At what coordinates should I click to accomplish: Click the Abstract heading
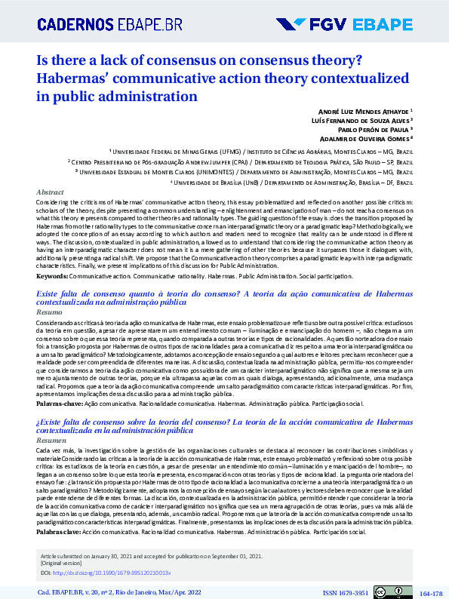(x=50, y=192)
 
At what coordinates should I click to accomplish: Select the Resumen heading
(x=51, y=439)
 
